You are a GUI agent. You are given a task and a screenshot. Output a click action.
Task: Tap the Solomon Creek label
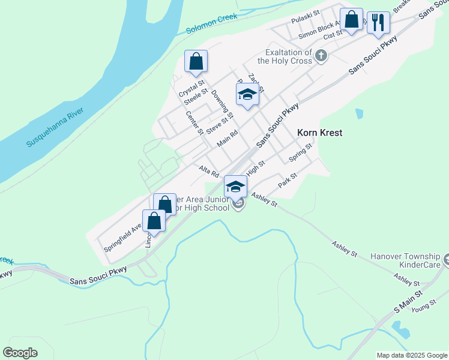212,25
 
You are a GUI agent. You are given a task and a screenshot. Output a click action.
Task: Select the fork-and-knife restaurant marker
378,23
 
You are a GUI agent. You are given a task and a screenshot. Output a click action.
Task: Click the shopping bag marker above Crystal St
196,61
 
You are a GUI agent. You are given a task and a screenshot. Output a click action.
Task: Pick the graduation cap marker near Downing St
247,95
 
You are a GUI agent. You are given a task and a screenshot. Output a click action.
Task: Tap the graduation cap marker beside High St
235,186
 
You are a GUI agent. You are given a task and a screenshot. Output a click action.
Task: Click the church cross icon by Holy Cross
322,56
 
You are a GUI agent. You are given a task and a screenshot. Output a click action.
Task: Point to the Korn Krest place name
320,133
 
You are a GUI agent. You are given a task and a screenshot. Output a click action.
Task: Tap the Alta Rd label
209,172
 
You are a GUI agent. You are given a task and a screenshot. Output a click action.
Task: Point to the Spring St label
301,152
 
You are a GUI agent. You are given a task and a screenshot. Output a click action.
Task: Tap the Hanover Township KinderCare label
405,260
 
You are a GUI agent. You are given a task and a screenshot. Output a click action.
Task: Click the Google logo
20,353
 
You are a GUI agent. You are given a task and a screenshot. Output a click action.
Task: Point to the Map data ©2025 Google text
411,355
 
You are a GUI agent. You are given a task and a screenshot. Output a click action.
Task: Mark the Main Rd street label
228,139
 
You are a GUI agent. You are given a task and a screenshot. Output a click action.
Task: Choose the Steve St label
217,126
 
